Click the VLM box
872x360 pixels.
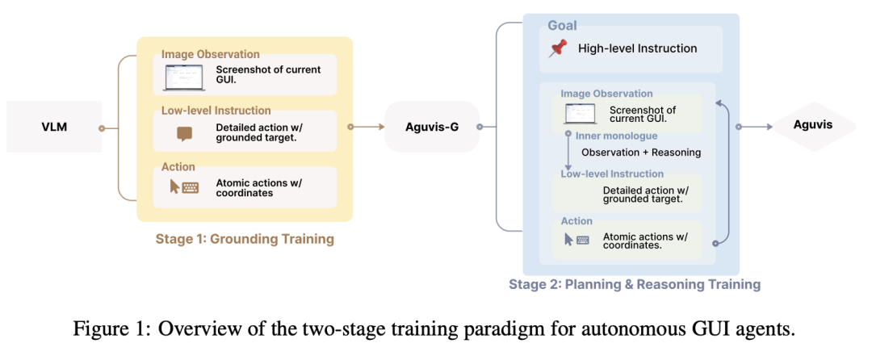pyautogui.click(x=54, y=126)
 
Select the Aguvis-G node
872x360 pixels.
pyautogui.click(x=432, y=127)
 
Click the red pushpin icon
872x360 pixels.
pyautogui.click(x=557, y=48)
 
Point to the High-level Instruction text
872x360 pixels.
pyautogui.click(x=637, y=49)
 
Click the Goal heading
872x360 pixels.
pyautogui.click(x=562, y=26)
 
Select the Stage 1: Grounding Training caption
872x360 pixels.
pyautogui.click(x=245, y=240)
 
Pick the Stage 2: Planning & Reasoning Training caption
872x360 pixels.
pyautogui.click(x=635, y=285)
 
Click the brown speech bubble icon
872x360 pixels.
pyautogui.click(x=183, y=134)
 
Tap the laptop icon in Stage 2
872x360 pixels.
pyautogui.click(x=576, y=113)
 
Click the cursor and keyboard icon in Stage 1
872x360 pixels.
pyautogui.click(x=184, y=186)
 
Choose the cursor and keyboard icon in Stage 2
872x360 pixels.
pyautogui.click(x=576, y=240)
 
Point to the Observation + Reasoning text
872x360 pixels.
pyautogui.click(x=641, y=153)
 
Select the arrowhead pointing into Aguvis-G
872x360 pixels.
pyautogui.click(x=381, y=127)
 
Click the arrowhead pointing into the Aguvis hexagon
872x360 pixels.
pyautogui.click(x=769, y=127)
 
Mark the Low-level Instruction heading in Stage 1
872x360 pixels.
pyautogui.click(x=216, y=111)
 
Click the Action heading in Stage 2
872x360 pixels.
pyautogui.click(x=576, y=221)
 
